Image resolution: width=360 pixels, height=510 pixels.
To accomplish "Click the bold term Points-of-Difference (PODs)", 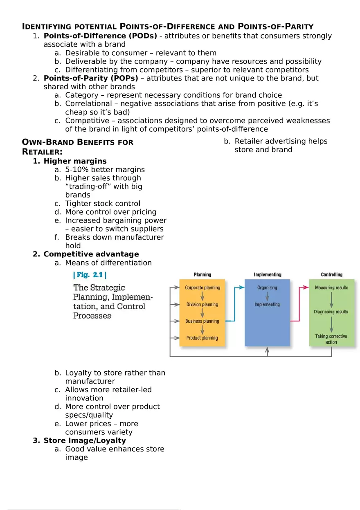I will tap(100, 36).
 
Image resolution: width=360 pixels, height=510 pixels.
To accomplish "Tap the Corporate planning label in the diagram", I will tap(202, 288).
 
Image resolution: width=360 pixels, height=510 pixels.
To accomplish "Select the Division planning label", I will tap(202, 304).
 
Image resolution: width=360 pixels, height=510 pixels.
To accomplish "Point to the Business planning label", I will tap(202, 321).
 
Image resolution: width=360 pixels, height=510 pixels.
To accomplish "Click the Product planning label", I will tap(202, 338).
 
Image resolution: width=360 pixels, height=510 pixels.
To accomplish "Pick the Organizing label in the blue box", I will tap(267, 288).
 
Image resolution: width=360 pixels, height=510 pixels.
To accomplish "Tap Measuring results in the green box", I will tap(331, 288).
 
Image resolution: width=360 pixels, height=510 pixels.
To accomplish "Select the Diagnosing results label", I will tap(331, 312).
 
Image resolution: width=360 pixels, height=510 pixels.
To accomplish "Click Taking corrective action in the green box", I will tap(331, 339).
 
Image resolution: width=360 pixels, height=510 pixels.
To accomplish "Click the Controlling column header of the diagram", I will tap(331, 275).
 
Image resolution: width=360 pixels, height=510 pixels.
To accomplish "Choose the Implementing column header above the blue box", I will tap(268, 275).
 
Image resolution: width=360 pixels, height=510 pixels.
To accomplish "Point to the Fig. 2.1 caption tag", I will tap(90, 275).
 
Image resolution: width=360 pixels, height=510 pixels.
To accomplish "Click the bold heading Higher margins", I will tap(75, 161).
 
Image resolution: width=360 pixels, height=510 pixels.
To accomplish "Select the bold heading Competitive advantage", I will tap(91, 254).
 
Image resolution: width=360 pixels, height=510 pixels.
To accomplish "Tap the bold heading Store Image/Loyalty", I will tap(85, 440).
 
